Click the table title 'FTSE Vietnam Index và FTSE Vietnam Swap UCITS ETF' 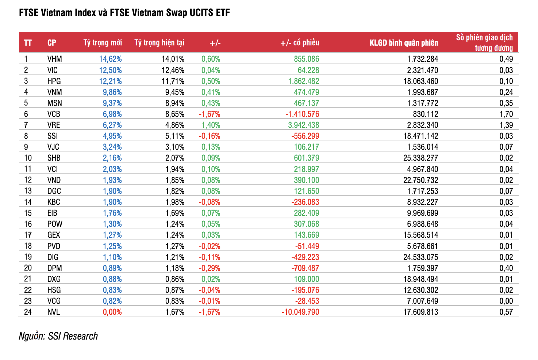[124, 13]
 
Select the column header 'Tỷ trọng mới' [103, 43]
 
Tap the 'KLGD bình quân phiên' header [403, 43]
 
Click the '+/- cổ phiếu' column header [299, 43]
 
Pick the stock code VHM [54, 59]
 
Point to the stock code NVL [53, 312]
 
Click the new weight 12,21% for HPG [110, 81]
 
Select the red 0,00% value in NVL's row [112, 312]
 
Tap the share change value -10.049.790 [300, 312]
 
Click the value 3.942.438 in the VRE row [303, 125]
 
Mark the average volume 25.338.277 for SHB [420, 158]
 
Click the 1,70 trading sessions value [506, 114]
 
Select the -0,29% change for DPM [209, 268]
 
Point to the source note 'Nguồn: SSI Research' [58, 336]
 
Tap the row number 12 [28, 180]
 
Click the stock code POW [55, 224]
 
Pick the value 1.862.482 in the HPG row [303, 81]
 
